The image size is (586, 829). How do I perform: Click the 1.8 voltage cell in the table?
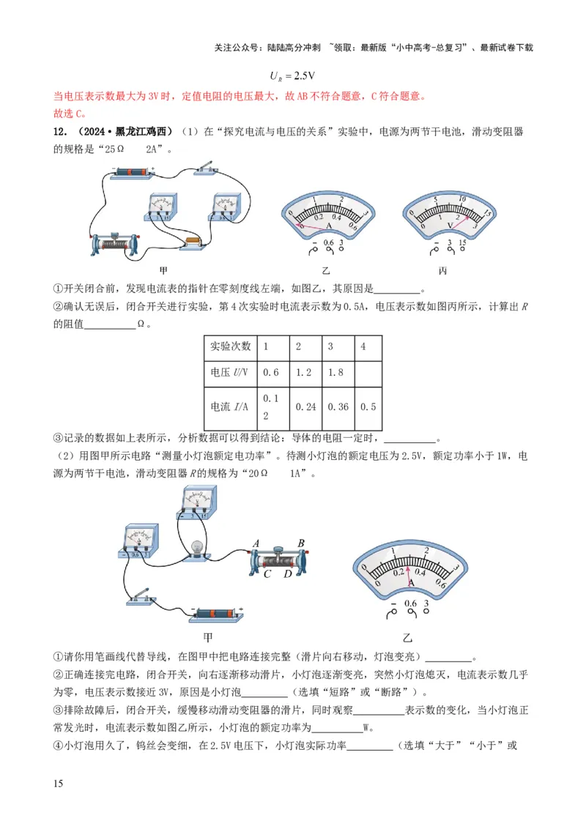click(x=336, y=372)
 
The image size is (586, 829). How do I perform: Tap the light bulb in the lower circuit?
click(x=196, y=546)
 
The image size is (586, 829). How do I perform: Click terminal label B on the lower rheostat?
click(x=300, y=543)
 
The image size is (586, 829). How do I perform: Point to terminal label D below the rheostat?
click(x=288, y=574)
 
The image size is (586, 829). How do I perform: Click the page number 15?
click(x=59, y=784)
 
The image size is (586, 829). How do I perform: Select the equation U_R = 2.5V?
click(x=292, y=76)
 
